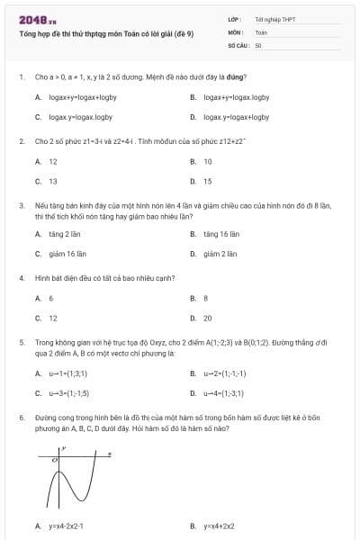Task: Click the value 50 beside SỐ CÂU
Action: coord(258,44)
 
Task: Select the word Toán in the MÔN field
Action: coord(261,31)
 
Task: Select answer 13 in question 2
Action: coord(53,181)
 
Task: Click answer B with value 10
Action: coord(208,162)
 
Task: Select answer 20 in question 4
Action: coord(208,318)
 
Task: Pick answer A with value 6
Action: coord(51,298)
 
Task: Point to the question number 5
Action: coord(21,343)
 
